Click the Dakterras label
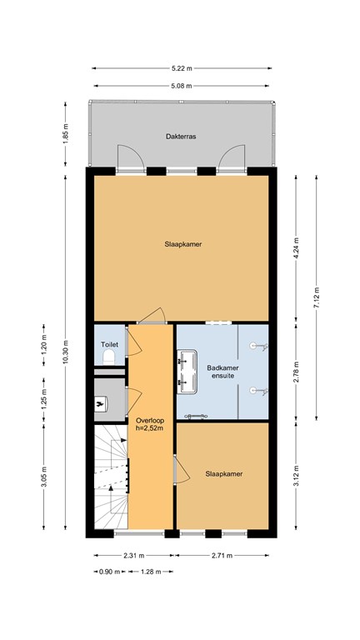pos(181,137)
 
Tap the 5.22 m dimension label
pos(182,68)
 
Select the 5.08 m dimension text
pos(182,86)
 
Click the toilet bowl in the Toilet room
pos(109,358)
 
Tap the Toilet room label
pos(109,344)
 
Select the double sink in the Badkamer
pos(187,372)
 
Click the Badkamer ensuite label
pos(222,372)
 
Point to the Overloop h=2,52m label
pos(150,424)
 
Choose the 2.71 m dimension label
pos(222,555)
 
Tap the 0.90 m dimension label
pos(110,572)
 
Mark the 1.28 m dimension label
pos(151,572)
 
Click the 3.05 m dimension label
pos(44,476)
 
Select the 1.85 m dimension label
pos(66,132)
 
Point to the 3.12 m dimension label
pos(297,476)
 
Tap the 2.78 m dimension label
pos(297,372)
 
